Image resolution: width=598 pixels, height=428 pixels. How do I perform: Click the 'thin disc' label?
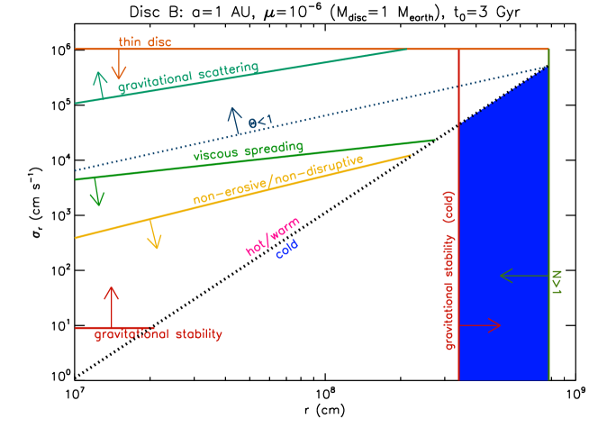[144, 42]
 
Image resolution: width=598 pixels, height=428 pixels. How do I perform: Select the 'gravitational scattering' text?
[188, 78]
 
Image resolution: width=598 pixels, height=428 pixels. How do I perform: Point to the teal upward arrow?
[100, 84]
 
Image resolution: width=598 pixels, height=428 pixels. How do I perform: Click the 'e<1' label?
[261, 120]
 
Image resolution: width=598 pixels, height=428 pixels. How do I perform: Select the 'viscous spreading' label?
[248, 151]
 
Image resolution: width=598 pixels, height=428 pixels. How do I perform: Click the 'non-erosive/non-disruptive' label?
[278, 180]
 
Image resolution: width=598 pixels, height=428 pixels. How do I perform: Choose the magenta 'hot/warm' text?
[273, 237]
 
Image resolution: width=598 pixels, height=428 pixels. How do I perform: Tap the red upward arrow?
[112, 306]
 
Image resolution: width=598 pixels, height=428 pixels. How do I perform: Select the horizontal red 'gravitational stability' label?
[159, 334]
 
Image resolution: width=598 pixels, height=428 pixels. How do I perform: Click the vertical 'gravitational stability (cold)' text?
[449, 270]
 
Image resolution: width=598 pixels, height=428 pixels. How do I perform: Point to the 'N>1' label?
[557, 280]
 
